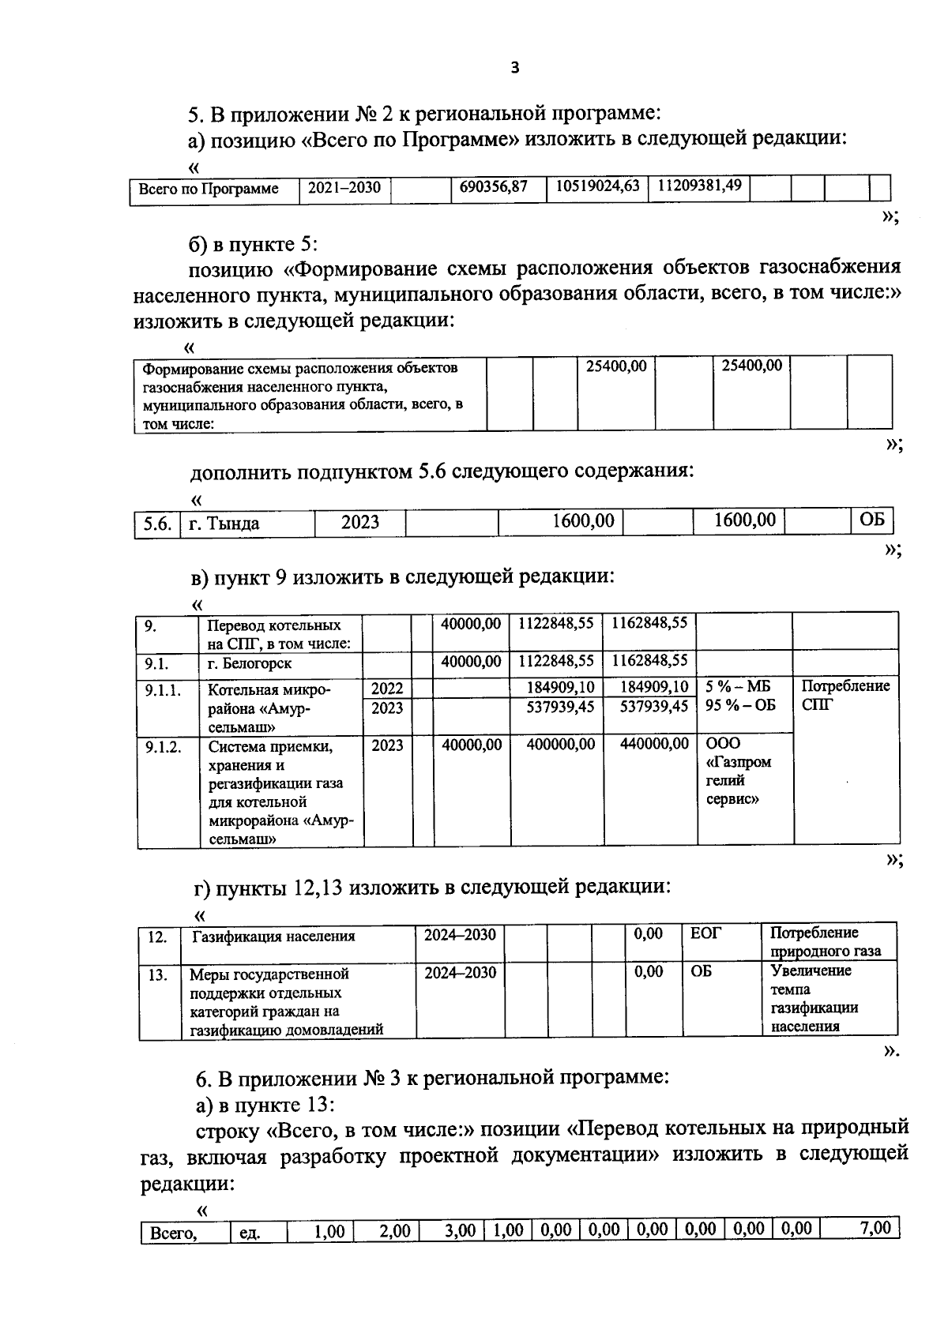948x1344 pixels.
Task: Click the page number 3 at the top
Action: coord(514,68)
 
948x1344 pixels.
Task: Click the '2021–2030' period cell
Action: coord(344,188)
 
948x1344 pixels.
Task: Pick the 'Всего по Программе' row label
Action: coord(209,190)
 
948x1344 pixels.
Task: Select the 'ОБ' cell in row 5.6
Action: coord(871,521)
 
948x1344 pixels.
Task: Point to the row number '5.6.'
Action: coord(157,524)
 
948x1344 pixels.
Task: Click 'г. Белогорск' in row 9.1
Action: coord(250,663)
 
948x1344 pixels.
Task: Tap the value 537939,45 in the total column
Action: coord(653,707)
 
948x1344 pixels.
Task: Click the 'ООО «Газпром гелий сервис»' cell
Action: coord(738,771)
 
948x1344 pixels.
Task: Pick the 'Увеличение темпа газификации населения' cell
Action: coord(814,999)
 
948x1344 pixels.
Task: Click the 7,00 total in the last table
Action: coord(875,1229)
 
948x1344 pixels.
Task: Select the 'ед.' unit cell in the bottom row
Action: coord(250,1233)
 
